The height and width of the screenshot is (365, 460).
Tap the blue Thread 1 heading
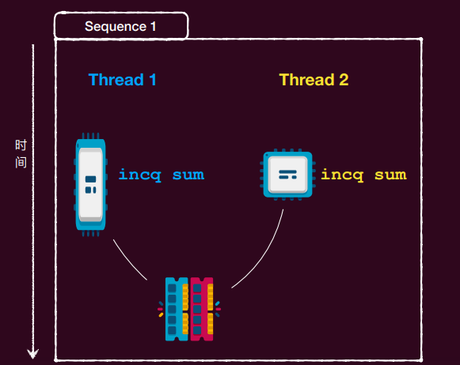(122, 80)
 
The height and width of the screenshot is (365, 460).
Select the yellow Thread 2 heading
(314, 80)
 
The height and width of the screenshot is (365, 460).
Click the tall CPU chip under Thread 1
(90, 184)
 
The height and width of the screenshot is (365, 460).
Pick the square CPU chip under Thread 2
(287, 175)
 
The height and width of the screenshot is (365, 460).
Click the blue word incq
(139, 175)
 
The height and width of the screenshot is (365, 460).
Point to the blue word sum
(188, 175)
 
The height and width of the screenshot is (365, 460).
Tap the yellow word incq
(342, 175)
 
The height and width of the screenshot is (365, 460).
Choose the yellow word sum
(390, 175)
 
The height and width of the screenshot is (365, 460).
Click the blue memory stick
(177, 309)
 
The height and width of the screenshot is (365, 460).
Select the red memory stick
(202, 309)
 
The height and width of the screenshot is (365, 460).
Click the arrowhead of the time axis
(33, 354)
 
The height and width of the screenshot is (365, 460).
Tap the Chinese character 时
(21, 145)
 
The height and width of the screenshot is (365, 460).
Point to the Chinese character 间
(21, 162)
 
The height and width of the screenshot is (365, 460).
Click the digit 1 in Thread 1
(153, 80)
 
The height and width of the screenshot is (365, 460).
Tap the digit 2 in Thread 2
(344, 80)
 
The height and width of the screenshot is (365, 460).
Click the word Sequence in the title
(116, 27)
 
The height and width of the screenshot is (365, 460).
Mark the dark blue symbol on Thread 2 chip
(287, 175)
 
